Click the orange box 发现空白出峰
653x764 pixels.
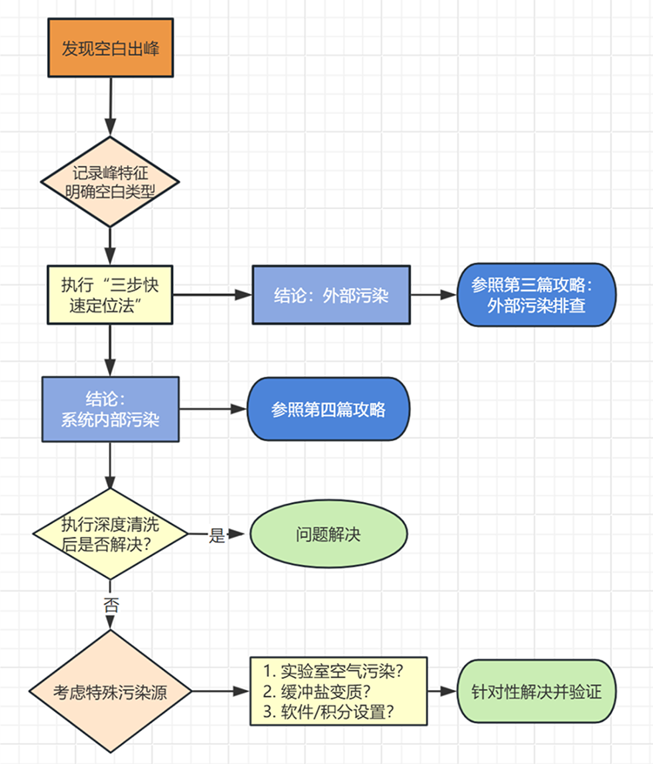110,48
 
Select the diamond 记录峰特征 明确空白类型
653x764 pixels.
110,181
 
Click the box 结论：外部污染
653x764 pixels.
331,295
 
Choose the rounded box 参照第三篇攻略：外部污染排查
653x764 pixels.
536,295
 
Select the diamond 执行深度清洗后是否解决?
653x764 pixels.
110,533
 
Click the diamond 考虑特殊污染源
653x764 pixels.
110,693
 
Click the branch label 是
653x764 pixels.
218,536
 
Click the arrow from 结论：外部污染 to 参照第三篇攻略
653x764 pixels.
434,295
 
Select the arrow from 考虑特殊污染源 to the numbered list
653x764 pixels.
220,693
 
